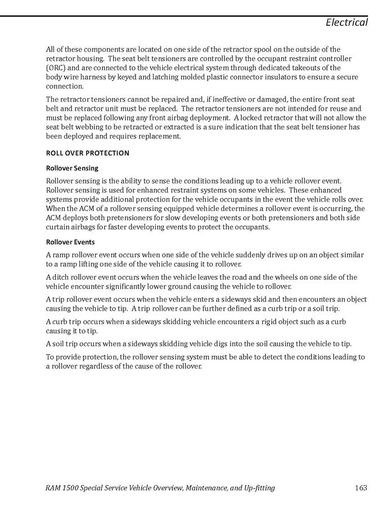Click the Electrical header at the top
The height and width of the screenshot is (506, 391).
pos(347,23)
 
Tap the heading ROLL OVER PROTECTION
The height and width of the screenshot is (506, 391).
pos(87,153)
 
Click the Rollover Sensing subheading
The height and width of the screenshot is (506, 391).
pos(72,168)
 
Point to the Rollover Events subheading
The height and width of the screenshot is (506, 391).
pos(70,242)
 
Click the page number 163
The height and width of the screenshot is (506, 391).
pos(361,487)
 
